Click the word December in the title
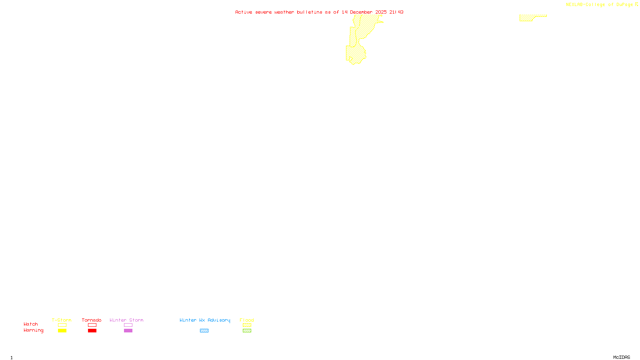361,12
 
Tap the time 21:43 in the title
396,12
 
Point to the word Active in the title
244,12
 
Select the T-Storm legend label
62,320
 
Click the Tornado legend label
92,320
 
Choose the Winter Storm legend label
126,320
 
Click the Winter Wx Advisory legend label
205,320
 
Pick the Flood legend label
247,320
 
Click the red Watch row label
31,324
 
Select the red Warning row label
34,330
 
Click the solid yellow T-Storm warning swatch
62,331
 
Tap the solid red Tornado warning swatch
92,331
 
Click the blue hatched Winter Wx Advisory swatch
204,331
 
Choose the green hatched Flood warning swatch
247,331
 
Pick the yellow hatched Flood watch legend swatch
247,325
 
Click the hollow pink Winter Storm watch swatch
128,325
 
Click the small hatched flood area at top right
527,18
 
